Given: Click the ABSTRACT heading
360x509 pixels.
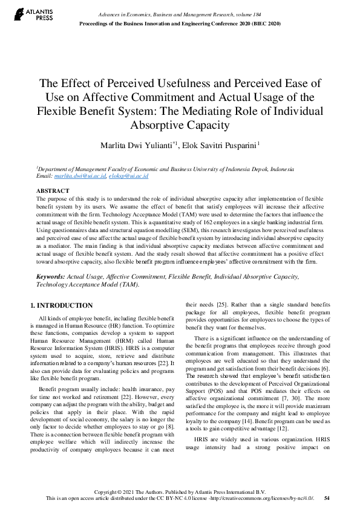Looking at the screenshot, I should click(x=53, y=191).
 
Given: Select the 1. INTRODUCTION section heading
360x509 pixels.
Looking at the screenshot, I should click(x=62, y=305).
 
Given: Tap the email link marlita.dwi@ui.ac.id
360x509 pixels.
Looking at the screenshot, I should click(x=80, y=176).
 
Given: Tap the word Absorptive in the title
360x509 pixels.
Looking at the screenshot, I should click(x=162, y=126).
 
